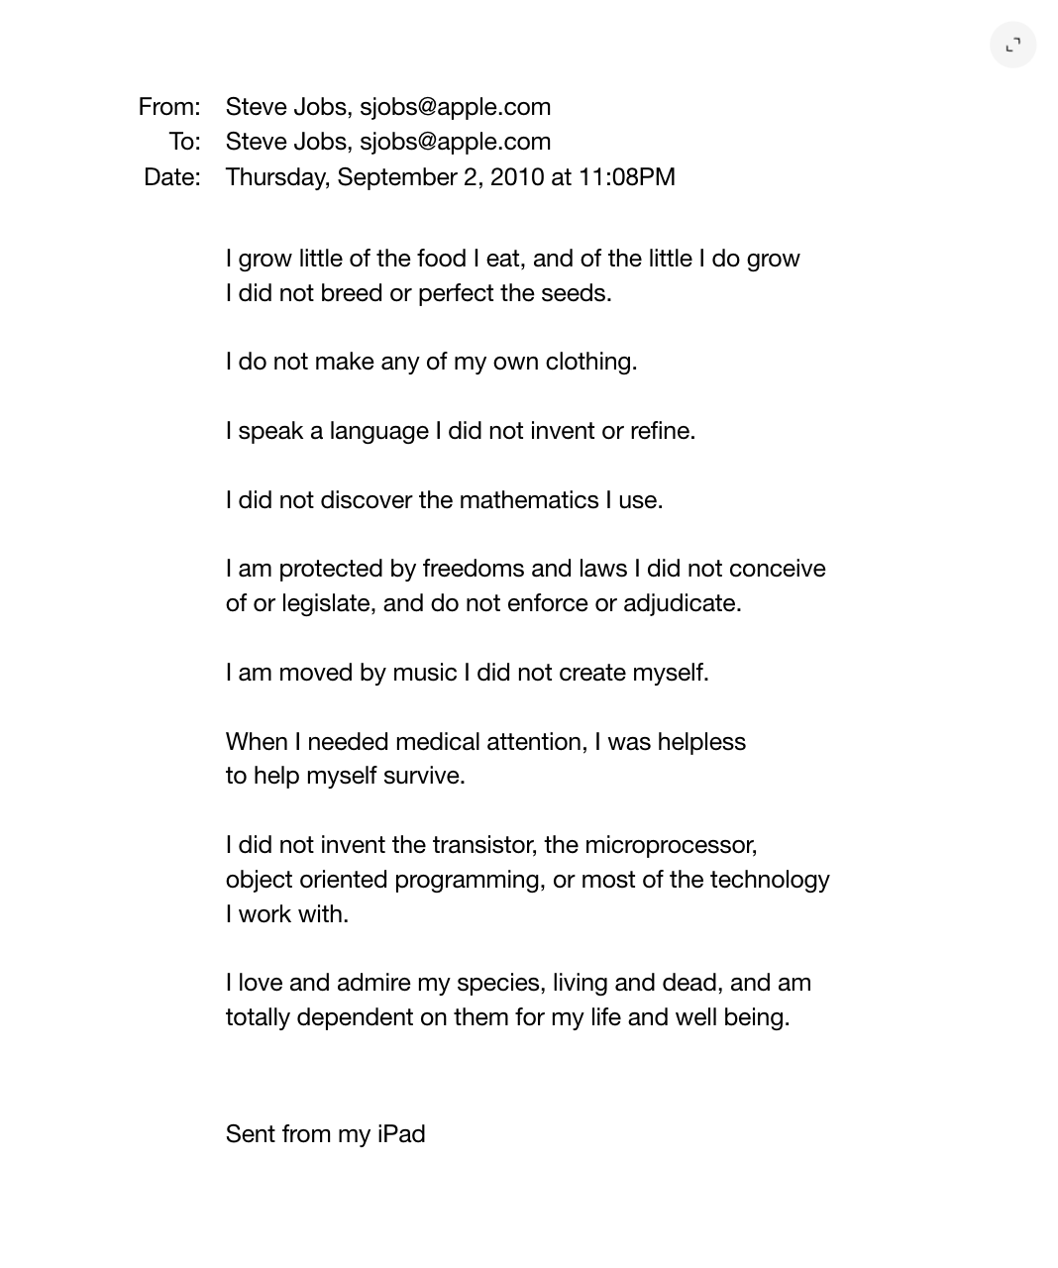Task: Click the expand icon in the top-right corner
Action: (x=1012, y=45)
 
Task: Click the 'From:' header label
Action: (x=169, y=107)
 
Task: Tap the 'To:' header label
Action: (x=184, y=142)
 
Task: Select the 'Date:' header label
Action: (x=172, y=177)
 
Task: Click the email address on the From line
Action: (x=455, y=107)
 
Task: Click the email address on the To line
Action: (x=455, y=142)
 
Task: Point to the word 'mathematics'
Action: (x=529, y=500)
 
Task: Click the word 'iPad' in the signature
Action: (x=401, y=1134)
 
